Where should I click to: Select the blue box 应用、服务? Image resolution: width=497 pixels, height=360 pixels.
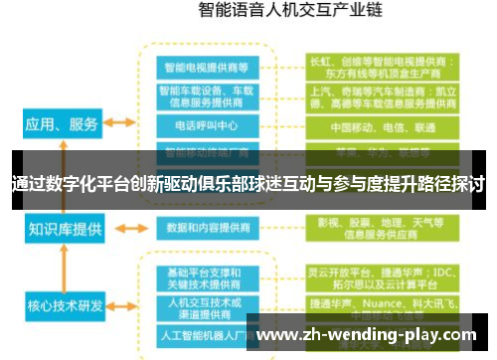[x=61, y=124]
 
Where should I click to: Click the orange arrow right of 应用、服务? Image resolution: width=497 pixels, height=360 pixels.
[x=120, y=124]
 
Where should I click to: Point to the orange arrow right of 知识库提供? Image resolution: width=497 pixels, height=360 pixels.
[x=120, y=228]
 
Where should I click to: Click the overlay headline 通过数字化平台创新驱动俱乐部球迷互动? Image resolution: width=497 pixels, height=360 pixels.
[x=248, y=185]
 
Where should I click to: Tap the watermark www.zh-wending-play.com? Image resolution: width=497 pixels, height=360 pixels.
[x=368, y=335]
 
